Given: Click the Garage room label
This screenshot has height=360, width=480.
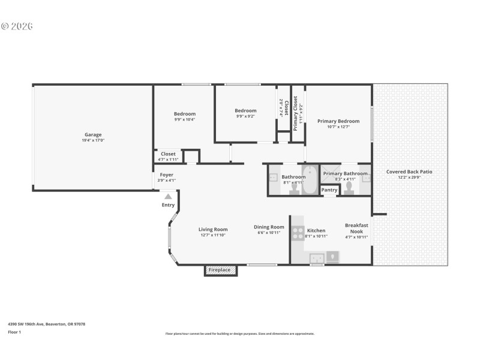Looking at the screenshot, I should coord(92,134).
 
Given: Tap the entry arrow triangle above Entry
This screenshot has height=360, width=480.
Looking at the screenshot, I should coord(169,196).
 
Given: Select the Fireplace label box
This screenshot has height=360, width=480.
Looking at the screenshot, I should coord(220,270).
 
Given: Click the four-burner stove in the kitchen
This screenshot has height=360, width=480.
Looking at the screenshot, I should coord(298,233).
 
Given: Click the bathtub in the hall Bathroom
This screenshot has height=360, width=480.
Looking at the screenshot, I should coord(310,184).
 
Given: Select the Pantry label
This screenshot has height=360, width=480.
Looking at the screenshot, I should coord(329,190).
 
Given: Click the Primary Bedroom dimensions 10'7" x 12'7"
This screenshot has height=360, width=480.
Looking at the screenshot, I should coord(338,127).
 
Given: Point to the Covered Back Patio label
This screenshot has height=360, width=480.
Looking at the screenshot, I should coord(409,172).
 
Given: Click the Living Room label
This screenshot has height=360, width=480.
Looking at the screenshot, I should coord(213,229).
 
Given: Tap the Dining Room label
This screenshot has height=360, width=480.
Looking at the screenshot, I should coord(268,227).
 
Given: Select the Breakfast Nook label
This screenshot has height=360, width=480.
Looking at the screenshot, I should coord(356,228).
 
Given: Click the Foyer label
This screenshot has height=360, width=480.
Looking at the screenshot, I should coord(166,175).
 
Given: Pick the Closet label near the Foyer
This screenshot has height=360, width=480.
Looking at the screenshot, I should coord(168,154).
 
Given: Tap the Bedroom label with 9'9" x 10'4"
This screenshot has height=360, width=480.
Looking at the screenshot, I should coord(185,114).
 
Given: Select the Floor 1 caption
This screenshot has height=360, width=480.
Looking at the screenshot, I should coord(14,331).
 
